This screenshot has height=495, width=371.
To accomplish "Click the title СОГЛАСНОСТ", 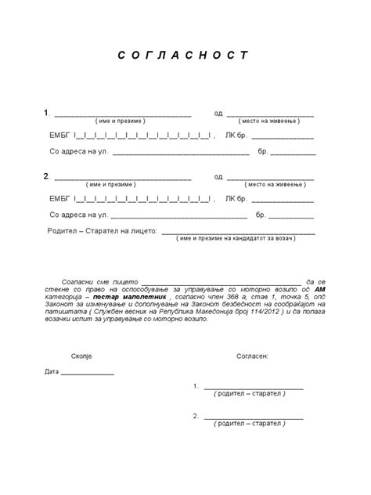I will click(x=184, y=56).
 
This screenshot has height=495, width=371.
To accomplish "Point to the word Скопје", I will click(x=81, y=356).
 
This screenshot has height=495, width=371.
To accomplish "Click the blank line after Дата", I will click(x=87, y=374).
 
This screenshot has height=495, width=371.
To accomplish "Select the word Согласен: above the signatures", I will click(x=252, y=356).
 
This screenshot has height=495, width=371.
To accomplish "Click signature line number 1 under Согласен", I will click(x=254, y=388).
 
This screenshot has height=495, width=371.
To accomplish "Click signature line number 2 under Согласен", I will click(x=254, y=417).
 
